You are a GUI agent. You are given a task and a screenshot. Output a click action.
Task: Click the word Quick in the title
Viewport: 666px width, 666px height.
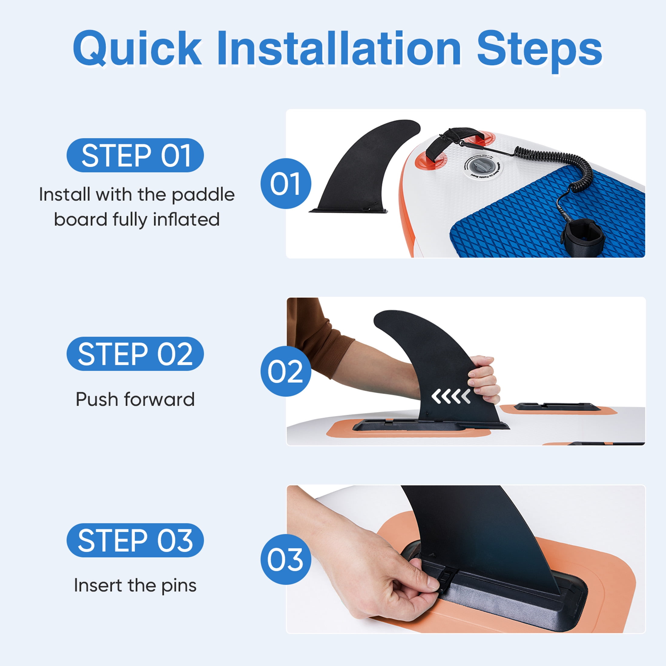tap(137, 48)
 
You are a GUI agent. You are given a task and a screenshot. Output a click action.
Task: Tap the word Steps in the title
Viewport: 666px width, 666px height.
tap(539, 51)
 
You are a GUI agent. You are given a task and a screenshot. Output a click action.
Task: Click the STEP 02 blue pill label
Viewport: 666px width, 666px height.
tap(135, 354)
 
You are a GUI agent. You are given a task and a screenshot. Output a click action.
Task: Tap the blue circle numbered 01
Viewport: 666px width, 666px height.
tap(286, 183)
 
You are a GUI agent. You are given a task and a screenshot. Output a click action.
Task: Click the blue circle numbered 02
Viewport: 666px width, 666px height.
tap(286, 371)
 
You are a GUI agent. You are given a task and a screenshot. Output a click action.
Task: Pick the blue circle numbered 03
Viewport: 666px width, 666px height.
tap(286, 559)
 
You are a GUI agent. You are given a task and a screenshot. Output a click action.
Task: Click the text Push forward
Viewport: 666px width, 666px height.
tap(135, 399)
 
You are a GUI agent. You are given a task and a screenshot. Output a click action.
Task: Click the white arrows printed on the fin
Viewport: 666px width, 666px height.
tap(451, 397)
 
